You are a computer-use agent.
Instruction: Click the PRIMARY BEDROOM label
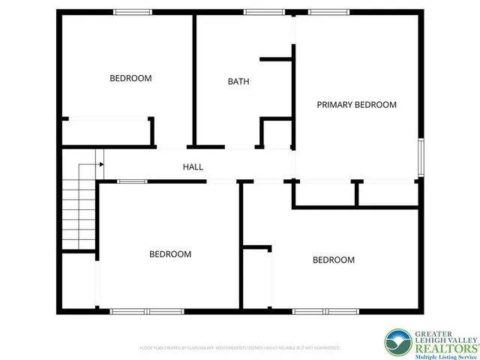pos(356,105)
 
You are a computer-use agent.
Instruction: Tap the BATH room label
pos(238,82)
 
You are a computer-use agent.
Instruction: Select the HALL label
pos(193,167)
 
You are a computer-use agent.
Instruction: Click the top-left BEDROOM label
pos(130,78)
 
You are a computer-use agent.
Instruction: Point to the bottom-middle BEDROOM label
pos(170,254)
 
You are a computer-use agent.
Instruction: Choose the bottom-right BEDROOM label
pos(333,259)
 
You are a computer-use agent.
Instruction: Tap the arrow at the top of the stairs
pos(99,163)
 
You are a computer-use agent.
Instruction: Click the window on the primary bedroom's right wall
pos(421,157)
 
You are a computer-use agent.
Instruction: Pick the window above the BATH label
pos(259,12)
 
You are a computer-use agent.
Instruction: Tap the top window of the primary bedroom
pos(322,12)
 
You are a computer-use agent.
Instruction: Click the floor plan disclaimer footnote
pos(240,348)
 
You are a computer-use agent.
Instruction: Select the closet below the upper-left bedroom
pos(106,132)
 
